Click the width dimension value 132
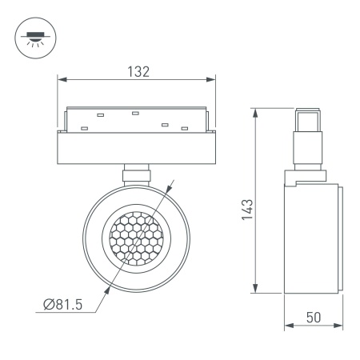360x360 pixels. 138,71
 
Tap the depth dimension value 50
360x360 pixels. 314,316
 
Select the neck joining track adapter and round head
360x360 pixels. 137,174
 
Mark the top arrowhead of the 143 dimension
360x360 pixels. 255,111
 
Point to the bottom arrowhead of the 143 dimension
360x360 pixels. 255,290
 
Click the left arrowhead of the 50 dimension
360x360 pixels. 289,326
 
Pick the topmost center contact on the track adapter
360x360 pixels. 136,111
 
